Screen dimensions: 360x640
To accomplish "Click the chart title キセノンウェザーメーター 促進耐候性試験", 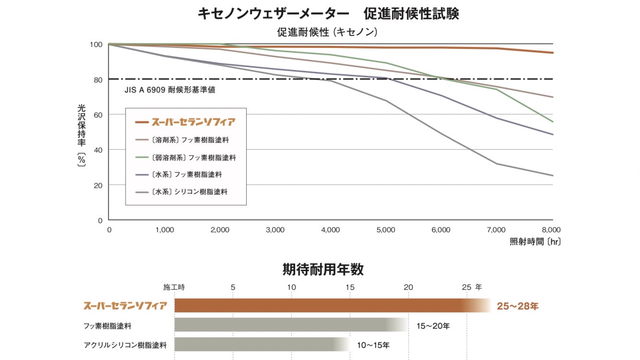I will pyautogui.click(x=328, y=13).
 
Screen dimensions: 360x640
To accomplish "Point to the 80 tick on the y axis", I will pyautogui.click(x=96, y=80).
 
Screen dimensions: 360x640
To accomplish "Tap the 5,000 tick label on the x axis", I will pyautogui.click(x=385, y=230).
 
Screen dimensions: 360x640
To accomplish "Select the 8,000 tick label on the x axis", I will pyautogui.click(x=551, y=230).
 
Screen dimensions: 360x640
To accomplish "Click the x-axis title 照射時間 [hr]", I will pyautogui.click(x=535, y=242).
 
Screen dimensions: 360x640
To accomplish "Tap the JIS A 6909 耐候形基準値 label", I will pyautogui.click(x=169, y=90).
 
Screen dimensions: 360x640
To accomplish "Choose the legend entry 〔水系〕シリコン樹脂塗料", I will pyautogui.click(x=189, y=192).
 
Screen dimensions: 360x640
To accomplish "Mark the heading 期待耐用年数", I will pyautogui.click(x=323, y=270).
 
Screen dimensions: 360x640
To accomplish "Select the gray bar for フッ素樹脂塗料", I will pyautogui.click(x=288, y=325).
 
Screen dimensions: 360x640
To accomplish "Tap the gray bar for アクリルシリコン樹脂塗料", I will pyautogui.click(x=259, y=344).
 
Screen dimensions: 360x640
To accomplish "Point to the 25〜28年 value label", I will pyautogui.click(x=518, y=306).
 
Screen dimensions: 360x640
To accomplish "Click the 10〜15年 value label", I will pyautogui.click(x=373, y=345).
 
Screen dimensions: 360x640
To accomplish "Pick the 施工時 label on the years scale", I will pyautogui.click(x=174, y=288).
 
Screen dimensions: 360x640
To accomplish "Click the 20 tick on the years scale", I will pyautogui.click(x=408, y=288).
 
